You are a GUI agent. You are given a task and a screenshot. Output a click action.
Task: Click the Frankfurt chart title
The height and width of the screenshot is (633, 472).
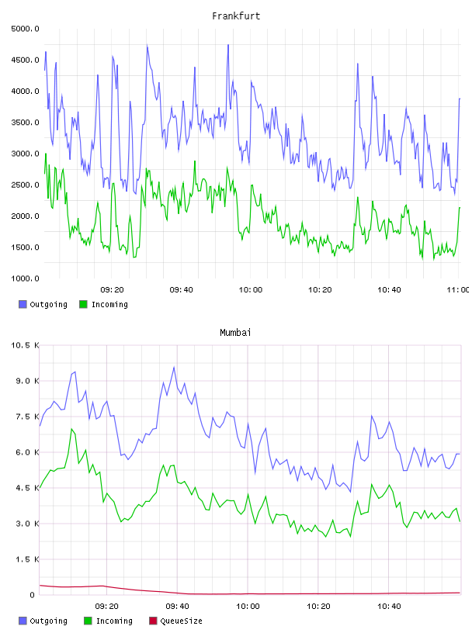click(236, 16)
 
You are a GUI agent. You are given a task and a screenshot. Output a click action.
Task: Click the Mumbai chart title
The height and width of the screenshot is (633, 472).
click(235, 333)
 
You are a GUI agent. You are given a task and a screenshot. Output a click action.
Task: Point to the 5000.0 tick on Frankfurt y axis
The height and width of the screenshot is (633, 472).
click(25, 29)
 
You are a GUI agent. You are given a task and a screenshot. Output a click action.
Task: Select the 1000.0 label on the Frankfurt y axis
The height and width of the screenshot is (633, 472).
click(25, 278)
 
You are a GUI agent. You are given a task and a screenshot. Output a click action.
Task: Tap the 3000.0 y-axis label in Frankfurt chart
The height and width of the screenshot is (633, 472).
click(25, 154)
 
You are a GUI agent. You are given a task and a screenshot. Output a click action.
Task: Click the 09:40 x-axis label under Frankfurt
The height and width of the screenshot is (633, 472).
click(181, 290)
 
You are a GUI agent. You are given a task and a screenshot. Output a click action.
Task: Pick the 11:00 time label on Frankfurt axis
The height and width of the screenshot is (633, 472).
click(458, 290)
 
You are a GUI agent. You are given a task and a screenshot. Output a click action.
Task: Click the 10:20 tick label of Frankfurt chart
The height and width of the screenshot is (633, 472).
click(320, 290)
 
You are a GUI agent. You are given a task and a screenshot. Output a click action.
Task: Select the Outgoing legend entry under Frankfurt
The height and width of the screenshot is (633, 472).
click(43, 304)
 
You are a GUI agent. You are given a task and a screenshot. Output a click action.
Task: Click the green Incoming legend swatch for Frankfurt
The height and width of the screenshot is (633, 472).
click(83, 304)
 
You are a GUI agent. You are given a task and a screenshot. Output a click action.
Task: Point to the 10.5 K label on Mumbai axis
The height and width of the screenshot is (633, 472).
click(25, 345)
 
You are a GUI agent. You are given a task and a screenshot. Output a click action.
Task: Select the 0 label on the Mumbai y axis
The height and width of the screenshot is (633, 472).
click(33, 595)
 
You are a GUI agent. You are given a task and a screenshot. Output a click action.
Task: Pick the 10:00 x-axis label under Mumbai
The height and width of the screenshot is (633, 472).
click(248, 607)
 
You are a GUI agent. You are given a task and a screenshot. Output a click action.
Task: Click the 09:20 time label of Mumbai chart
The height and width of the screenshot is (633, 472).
click(106, 607)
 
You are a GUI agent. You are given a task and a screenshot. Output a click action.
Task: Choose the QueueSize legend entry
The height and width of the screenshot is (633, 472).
click(175, 621)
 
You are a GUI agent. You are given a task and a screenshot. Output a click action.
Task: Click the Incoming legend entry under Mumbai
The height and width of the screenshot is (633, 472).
click(108, 621)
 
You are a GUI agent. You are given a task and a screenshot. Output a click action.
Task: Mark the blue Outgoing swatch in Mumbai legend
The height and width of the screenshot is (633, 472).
click(23, 621)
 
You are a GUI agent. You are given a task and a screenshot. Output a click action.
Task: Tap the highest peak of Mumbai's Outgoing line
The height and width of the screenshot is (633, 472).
click(174, 368)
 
